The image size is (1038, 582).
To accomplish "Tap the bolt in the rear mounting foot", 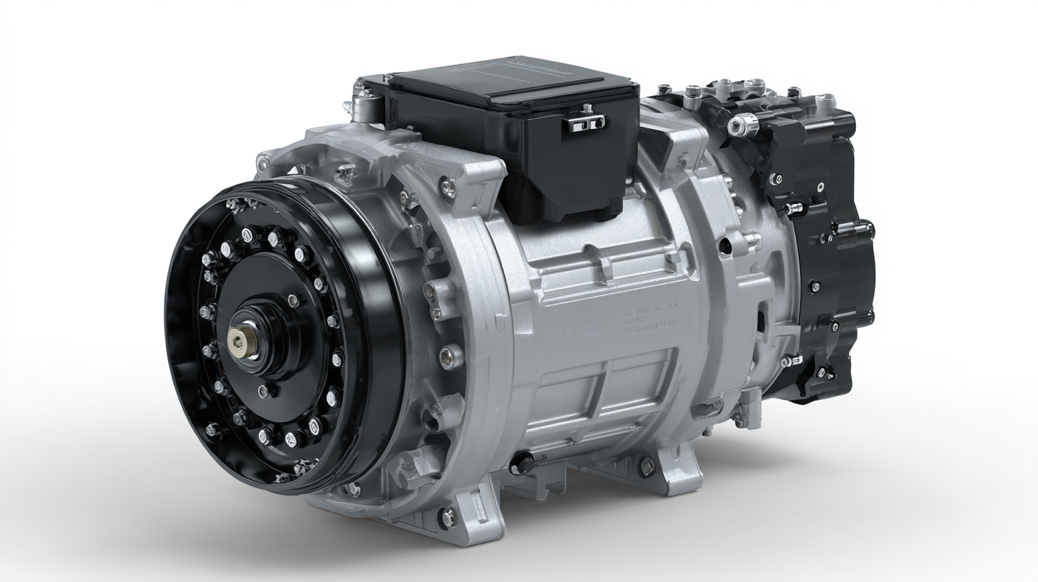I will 647,467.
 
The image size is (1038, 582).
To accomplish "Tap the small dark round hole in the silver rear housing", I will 725,245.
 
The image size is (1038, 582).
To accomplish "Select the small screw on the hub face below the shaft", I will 264,390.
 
